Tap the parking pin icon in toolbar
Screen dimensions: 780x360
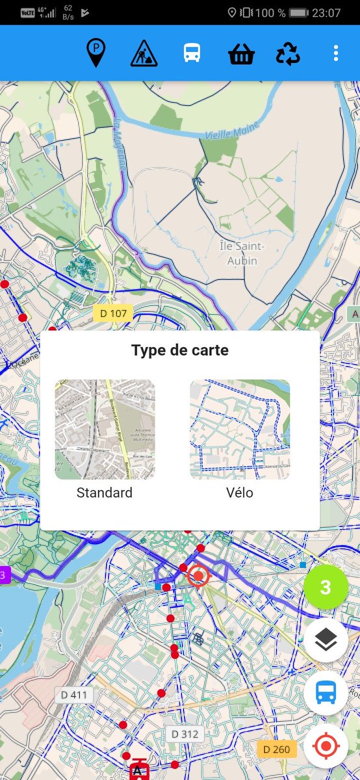point(96,53)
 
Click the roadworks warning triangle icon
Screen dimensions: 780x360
point(144,53)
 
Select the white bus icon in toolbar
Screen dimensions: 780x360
point(192,53)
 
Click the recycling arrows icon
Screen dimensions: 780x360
point(288,54)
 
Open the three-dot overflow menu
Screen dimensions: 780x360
point(335,53)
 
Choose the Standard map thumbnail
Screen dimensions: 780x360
point(105,430)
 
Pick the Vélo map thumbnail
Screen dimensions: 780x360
point(240,430)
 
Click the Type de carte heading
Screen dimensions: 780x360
point(180,350)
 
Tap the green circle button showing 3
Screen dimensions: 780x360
point(326,588)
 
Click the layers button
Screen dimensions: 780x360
point(326,640)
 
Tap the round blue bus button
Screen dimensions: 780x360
point(326,693)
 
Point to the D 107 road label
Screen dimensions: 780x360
point(113,314)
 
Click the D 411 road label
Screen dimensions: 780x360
point(74,695)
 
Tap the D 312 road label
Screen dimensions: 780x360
point(184,734)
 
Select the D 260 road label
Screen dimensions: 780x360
point(277,749)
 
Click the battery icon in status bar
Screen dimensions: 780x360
point(298,13)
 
